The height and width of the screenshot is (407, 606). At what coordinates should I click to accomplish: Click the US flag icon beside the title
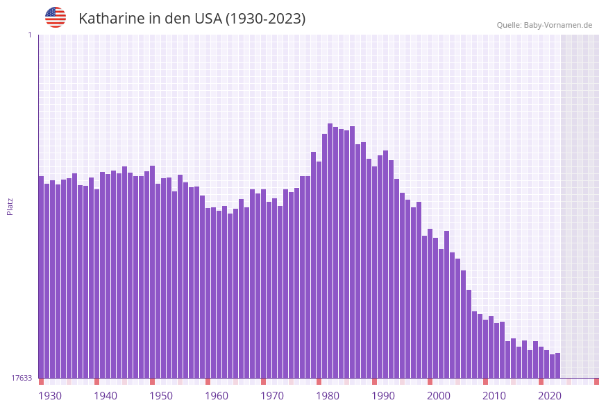pos(56,17)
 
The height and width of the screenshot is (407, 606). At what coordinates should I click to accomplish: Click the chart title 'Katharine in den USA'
pos(192,19)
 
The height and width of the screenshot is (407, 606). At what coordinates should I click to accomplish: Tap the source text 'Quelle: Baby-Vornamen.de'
pos(544,25)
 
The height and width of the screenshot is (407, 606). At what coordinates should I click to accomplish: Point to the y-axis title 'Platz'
pos(10,206)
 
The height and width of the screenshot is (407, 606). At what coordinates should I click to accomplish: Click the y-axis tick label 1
pos(30,35)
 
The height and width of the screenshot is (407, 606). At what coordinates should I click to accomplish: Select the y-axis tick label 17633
pos(22,378)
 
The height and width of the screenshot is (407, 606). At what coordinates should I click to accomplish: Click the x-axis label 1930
pos(50,396)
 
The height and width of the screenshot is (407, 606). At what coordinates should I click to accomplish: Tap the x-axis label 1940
pos(106,396)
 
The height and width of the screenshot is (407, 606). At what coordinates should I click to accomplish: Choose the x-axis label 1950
pos(161,396)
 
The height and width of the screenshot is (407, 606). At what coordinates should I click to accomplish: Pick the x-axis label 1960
pos(217,396)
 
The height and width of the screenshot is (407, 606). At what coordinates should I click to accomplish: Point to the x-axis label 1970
pos(272,396)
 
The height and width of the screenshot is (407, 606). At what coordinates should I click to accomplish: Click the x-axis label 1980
pos(328,396)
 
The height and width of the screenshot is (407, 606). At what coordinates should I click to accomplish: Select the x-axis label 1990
pos(383,396)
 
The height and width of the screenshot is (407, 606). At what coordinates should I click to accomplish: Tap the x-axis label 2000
pos(439,396)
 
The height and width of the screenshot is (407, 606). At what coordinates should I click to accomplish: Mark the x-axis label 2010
pos(494,396)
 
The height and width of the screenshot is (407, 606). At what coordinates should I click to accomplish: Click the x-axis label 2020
pos(550,396)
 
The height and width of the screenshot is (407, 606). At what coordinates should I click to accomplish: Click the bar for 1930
pos(42,277)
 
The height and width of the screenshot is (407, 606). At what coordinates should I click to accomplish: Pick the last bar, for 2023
pos(558,365)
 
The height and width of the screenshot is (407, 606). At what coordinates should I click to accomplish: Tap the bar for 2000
pos(430,305)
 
